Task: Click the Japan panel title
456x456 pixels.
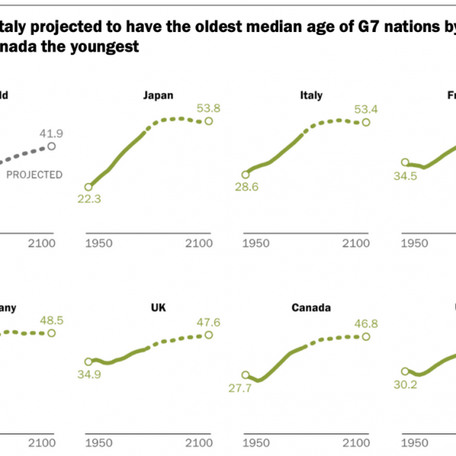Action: coord(158,95)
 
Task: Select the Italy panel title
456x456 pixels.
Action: coord(312,95)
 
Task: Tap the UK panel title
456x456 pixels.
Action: coord(159,308)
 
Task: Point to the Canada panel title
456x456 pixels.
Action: coord(310,308)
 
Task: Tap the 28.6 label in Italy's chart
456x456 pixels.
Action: coord(249,188)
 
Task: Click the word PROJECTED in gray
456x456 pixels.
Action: coord(34,175)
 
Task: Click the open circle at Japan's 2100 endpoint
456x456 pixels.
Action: coord(208,122)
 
